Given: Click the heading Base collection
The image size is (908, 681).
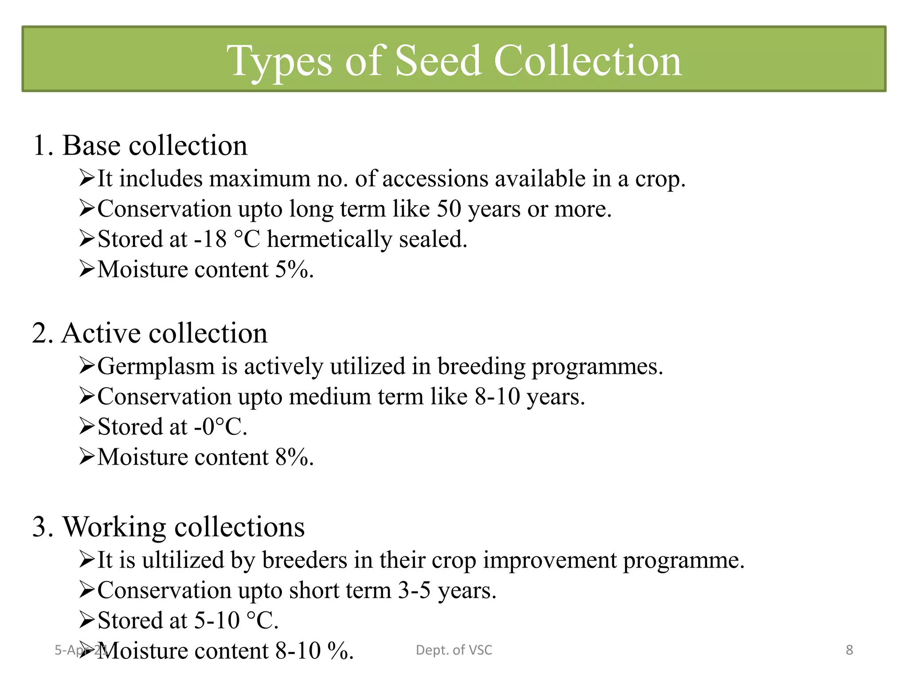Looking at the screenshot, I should [140, 145].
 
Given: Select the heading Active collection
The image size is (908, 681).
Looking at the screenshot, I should [150, 333].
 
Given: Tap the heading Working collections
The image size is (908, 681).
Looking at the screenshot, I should [168, 527].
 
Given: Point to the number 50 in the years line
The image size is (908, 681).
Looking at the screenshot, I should [449, 209].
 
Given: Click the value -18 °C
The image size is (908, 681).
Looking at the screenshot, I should [227, 239].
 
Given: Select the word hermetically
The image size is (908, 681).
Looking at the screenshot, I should [329, 240].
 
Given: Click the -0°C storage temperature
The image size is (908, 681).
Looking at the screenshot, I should [219, 427].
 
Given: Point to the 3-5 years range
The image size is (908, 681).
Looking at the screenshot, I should [414, 591].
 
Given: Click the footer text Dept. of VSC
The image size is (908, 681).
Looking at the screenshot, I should [454, 650].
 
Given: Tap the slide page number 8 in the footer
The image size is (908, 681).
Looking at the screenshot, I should [849, 650].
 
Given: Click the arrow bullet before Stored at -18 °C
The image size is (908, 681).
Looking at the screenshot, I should [86, 239].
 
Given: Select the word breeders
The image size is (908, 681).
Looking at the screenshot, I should [304, 560].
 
